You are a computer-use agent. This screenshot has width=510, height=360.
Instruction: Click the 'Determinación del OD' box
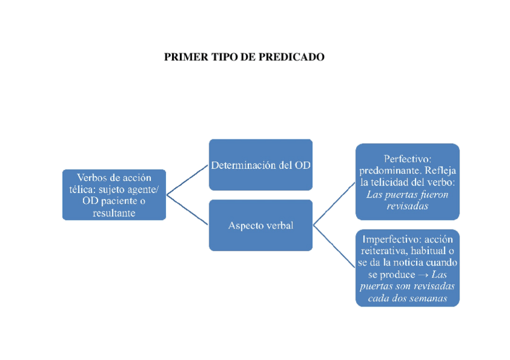click(x=260, y=165)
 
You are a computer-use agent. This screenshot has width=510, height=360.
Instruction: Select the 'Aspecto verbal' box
click(x=260, y=225)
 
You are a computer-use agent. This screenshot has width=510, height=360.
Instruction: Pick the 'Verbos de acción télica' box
click(x=114, y=195)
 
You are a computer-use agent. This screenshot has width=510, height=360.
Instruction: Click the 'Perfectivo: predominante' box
click(x=407, y=182)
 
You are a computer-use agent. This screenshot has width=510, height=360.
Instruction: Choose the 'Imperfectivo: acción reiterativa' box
click(x=407, y=267)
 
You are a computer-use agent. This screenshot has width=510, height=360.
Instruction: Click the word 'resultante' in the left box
click(x=114, y=213)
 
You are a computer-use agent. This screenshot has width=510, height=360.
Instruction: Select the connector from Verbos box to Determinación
click(x=188, y=180)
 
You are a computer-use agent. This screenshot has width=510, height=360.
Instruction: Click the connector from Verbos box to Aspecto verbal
click(x=188, y=210)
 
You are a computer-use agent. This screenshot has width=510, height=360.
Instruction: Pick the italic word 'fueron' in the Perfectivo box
click(x=434, y=195)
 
